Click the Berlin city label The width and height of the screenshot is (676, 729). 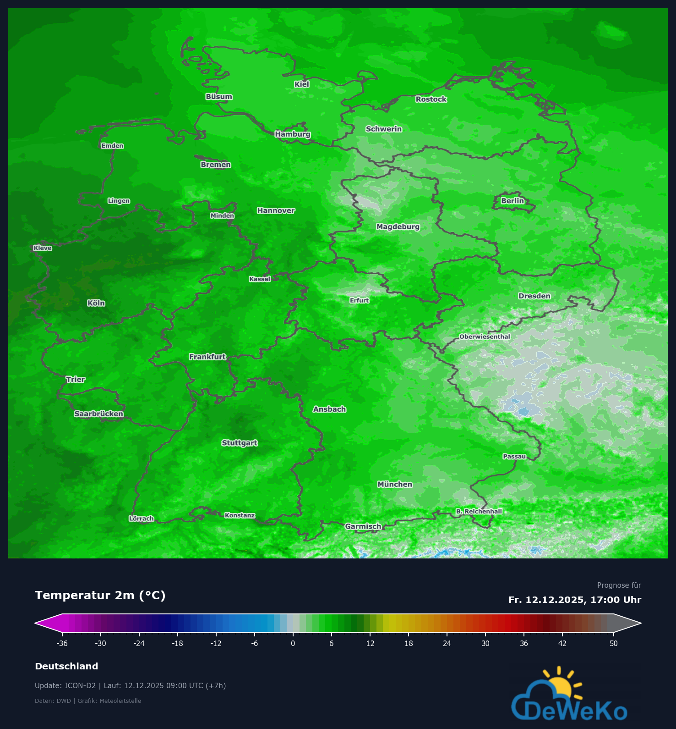click(x=512, y=201)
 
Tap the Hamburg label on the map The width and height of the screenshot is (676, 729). click(x=293, y=134)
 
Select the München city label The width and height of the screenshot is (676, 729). click(x=395, y=485)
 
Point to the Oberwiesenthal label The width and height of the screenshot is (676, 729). click(x=485, y=337)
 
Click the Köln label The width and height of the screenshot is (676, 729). click(x=96, y=303)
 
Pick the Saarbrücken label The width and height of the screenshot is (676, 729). click(x=98, y=414)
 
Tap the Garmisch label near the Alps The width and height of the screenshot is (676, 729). click(x=363, y=526)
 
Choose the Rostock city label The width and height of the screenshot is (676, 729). click(x=431, y=99)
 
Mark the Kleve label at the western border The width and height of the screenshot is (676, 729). click(x=43, y=248)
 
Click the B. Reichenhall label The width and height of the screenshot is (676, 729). click(x=479, y=512)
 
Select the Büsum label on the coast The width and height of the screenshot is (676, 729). click(x=219, y=97)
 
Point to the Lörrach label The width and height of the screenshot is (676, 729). click(x=141, y=519)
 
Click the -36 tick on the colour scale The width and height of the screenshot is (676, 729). click(x=62, y=643)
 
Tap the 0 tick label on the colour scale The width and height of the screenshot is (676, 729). click(x=293, y=643)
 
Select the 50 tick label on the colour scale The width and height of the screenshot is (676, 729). click(x=614, y=643)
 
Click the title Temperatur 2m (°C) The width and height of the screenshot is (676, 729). click(x=100, y=596)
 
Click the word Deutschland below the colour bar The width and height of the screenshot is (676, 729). click(x=66, y=666)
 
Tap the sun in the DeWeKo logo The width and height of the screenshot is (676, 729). click(x=560, y=685)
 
